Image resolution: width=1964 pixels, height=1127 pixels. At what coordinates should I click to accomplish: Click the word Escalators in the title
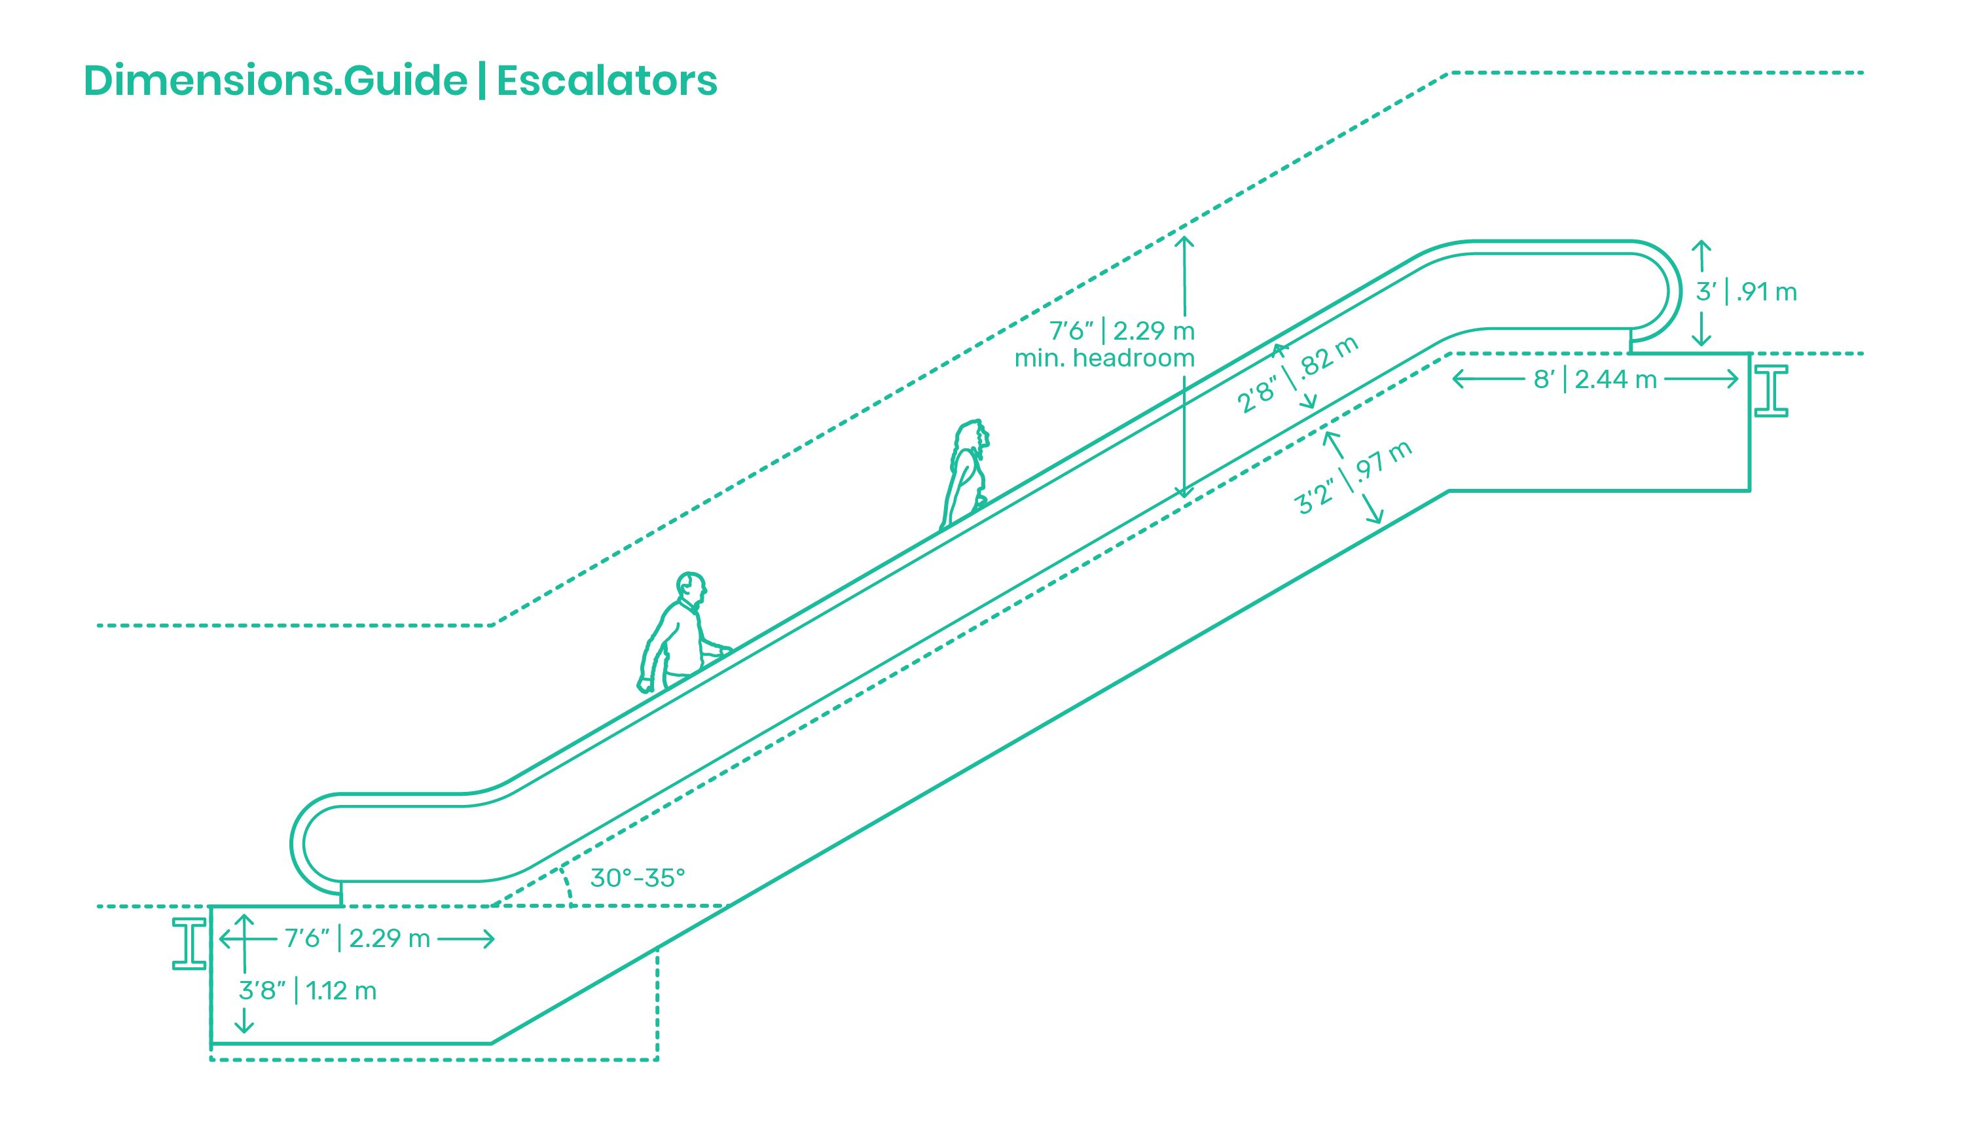click(606, 81)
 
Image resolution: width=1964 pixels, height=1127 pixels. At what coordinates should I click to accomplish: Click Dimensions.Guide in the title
click(276, 81)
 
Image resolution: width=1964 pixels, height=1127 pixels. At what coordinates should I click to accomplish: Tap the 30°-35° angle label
click(637, 878)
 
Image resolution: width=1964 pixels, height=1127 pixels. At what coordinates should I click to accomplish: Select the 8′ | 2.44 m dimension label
click(1595, 380)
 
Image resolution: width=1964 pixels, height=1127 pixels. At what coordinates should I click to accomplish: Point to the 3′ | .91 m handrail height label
click(1746, 292)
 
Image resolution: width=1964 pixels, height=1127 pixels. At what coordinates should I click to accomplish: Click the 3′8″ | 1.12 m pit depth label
click(307, 991)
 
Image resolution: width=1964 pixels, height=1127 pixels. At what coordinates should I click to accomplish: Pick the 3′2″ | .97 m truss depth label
click(1353, 478)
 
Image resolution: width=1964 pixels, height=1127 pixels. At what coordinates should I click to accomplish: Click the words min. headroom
click(1104, 359)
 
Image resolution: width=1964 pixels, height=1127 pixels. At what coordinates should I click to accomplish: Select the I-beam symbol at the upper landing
click(1770, 391)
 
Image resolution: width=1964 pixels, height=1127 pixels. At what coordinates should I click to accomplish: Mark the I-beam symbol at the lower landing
click(189, 944)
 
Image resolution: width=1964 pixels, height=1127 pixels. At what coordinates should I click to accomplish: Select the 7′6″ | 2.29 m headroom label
click(1121, 331)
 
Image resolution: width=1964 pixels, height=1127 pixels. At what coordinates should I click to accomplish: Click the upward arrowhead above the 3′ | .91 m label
click(1701, 246)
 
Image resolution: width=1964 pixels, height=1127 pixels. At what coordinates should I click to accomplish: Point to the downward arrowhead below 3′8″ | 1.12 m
click(244, 1026)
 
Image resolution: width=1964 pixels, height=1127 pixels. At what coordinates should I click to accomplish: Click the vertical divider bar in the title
click(482, 80)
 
